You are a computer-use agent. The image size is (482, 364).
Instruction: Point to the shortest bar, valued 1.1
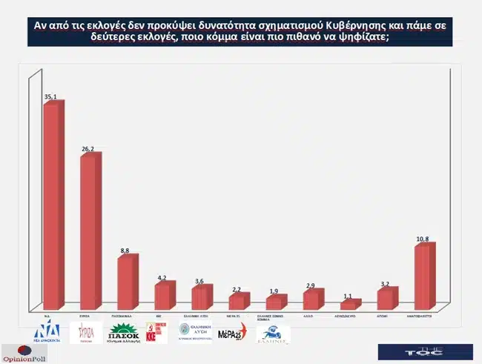coord(349,305)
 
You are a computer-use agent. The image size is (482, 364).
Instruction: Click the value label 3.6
coord(199,281)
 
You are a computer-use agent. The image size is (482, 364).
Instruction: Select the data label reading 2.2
coord(237,289)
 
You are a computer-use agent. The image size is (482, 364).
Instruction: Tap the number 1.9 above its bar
coord(274,291)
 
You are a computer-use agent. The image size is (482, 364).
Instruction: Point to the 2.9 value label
coord(311,285)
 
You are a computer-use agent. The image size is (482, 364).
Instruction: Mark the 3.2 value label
coord(385,284)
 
